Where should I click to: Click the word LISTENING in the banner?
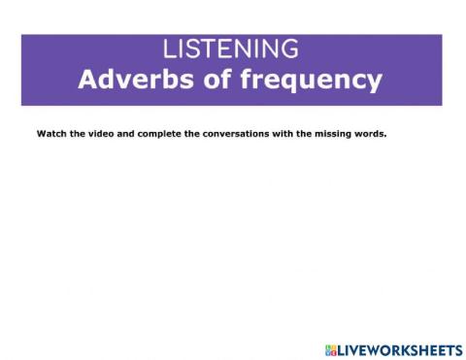pos(231,49)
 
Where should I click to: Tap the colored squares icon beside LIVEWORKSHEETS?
pos(331,348)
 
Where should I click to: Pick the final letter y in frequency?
pos(375,82)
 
